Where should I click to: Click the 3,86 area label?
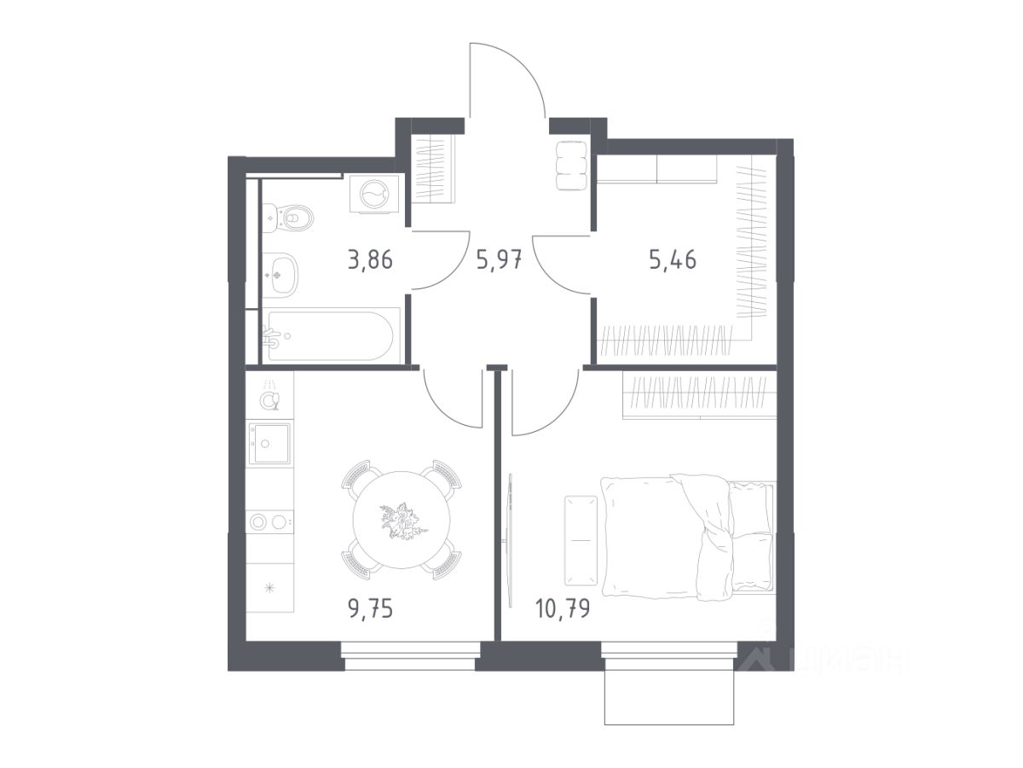(370, 259)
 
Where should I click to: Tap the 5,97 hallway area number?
(498, 259)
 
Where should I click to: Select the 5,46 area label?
(673, 259)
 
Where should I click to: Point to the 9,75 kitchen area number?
(370, 609)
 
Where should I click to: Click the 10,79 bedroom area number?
(563, 608)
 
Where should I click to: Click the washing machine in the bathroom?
(373, 194)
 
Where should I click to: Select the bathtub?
(331, 335)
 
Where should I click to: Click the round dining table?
(402, 520)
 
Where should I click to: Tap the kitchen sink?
(269, 443)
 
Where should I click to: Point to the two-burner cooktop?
(269, 521)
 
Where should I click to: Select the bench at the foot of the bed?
(581, 540)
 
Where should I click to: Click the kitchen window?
(410, 656)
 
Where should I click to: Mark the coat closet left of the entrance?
(434, 169)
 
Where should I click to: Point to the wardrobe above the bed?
(700, 398)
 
